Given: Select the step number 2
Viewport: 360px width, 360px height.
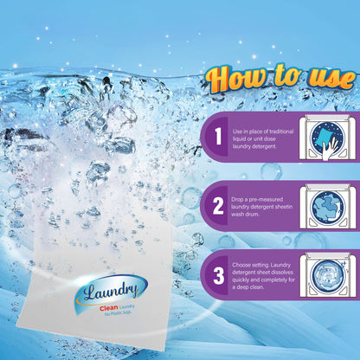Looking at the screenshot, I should click(219, 206).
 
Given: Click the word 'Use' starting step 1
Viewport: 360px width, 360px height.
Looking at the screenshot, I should click(237, 129).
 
